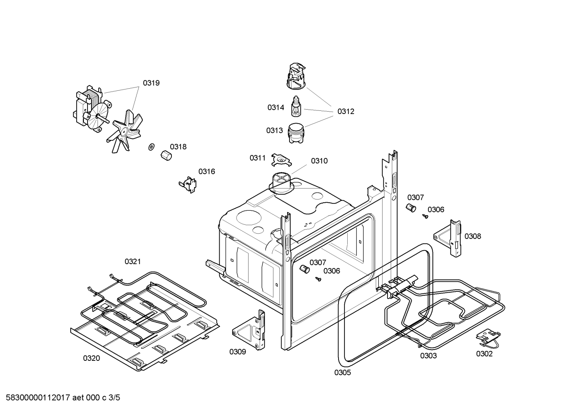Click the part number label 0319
(x=151, y=83)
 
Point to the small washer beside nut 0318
(x=151, y=147)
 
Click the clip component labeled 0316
(x=188, y=185)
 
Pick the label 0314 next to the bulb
(x=275, y=107)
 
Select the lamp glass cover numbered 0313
(x=296, y=133)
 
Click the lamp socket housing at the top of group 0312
(x=297, y=76)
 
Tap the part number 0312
(x=346, y=111)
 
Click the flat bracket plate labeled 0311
(x=281, y=160)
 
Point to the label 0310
(x=319, y=161)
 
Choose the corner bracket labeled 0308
(x=447, y=238)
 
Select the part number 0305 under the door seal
(x=343, y=372)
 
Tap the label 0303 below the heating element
(x=428, y=356)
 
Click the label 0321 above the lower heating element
(x=133, y=261)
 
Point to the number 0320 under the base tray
(x=91, y=358)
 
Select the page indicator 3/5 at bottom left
(x=114, y=398)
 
